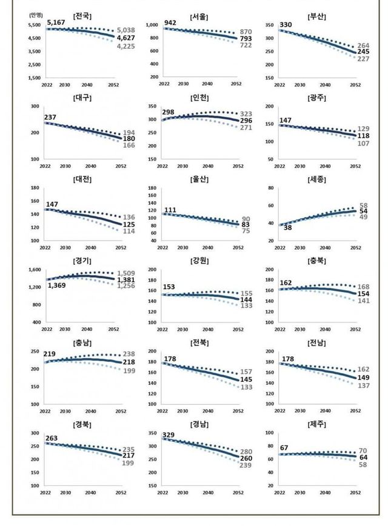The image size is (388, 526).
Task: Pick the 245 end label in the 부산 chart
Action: pos(363,52)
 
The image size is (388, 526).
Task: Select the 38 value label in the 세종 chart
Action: pos(288,228)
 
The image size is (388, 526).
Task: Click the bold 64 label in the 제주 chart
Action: pos(364,457)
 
